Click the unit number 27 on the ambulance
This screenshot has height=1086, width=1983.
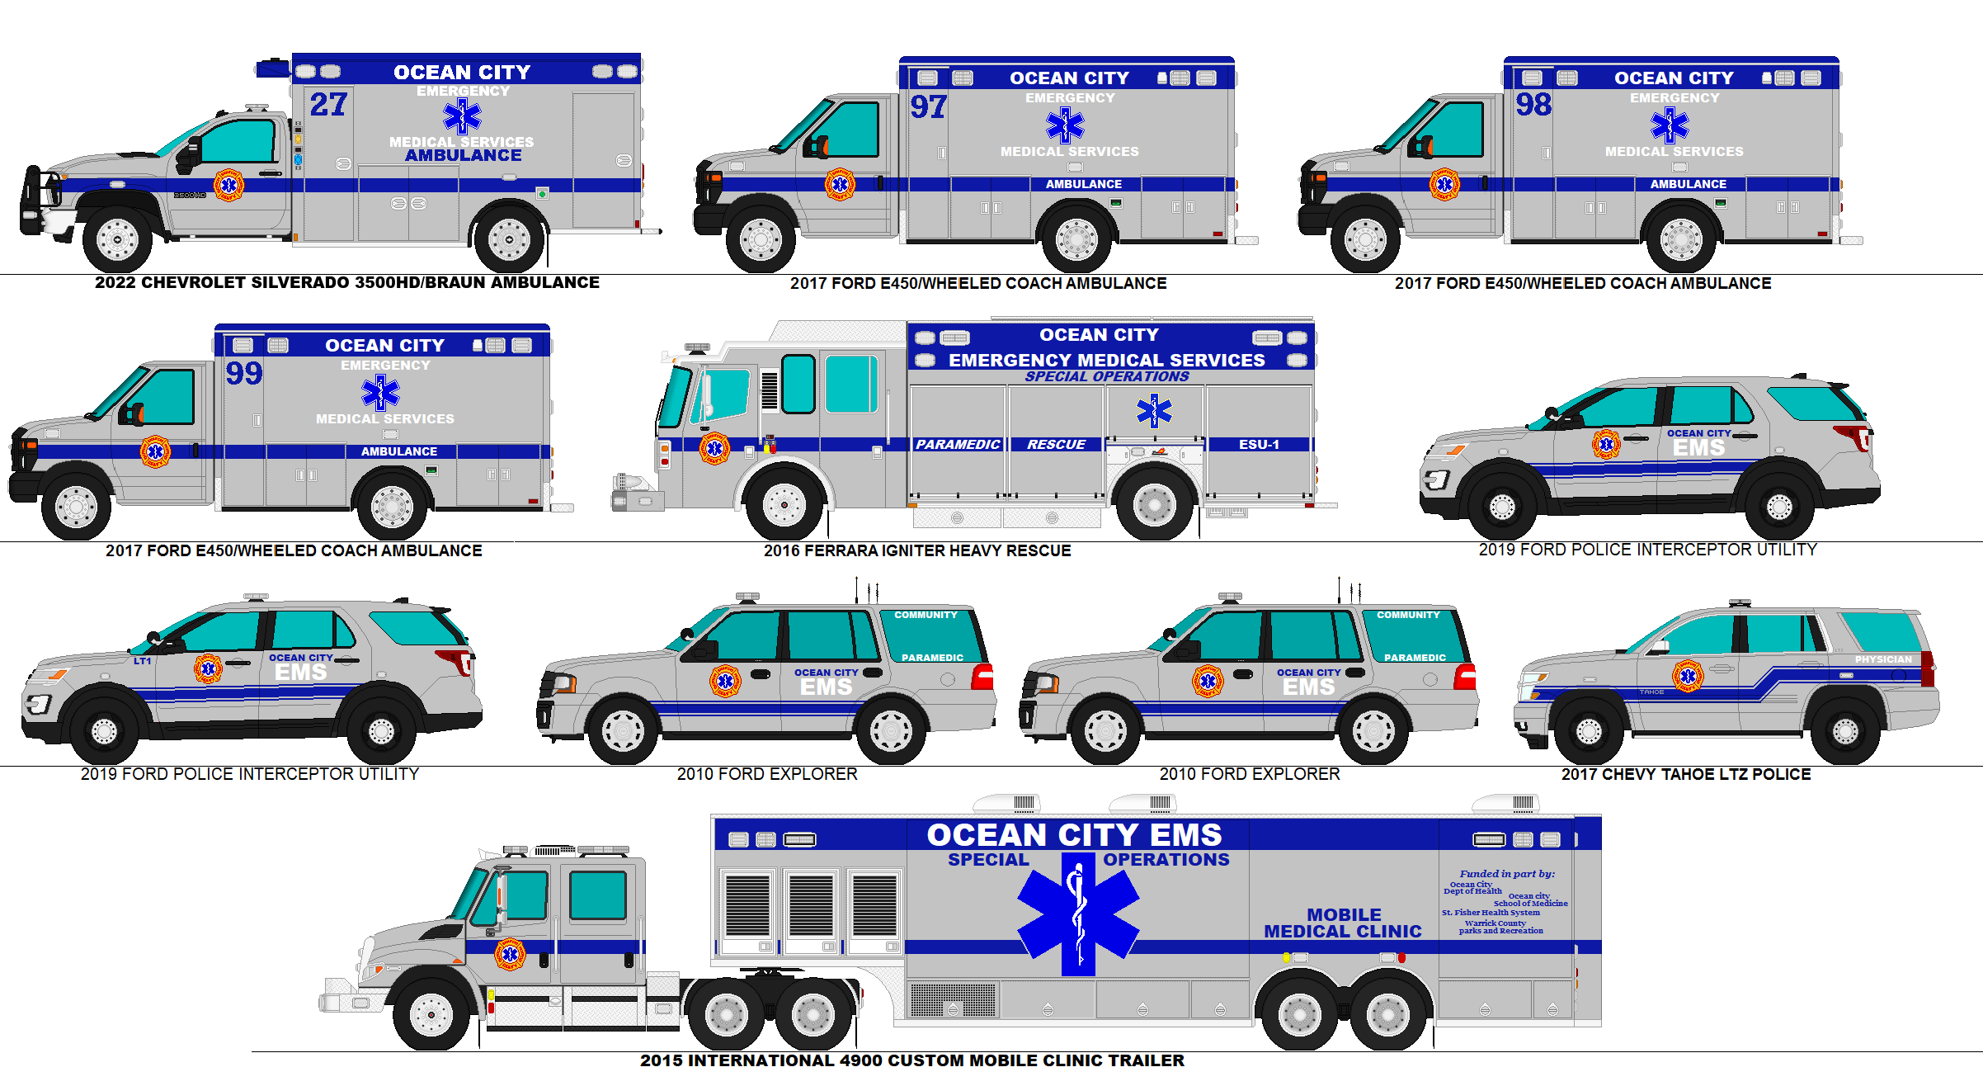pos(328,105)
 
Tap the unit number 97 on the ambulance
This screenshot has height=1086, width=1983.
pos(928,107)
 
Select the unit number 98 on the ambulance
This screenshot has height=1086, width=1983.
pos(1533,105)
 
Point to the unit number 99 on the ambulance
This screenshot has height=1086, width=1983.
pos(244,374)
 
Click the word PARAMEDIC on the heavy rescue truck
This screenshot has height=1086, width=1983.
pos(958,445)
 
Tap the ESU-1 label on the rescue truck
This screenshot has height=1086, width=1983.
pos(1259,445)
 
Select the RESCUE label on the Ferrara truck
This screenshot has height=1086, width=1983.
pos(1056,445)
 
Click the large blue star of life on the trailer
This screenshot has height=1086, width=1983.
pos(1078,913)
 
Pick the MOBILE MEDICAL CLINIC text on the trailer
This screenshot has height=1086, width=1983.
pos(1343,923)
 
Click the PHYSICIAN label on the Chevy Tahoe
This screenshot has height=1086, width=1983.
pos(1883,659)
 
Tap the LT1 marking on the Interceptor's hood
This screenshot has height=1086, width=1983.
pos(143,661)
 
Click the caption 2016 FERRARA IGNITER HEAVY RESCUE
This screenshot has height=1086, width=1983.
pos(917,550)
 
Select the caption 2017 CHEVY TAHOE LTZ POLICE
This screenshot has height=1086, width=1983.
pos(1686,774)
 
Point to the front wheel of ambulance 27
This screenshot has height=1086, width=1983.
pos(117,240)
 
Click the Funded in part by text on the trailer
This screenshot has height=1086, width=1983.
pos(1506,874)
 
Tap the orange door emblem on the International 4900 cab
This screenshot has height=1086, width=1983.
pos(510,955)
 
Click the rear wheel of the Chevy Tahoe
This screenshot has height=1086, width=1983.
pos(1845,730)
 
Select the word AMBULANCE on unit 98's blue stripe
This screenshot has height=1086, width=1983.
pos(1688,184)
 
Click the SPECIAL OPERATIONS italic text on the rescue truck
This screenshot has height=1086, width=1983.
pos(1106,376)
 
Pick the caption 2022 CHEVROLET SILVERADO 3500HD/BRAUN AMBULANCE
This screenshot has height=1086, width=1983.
pos(347,282)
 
